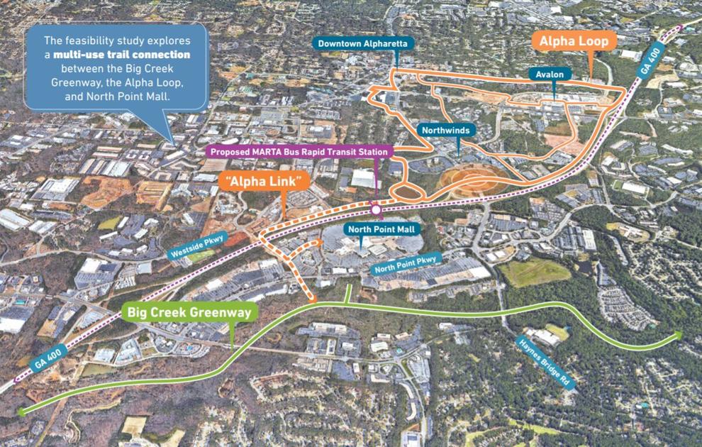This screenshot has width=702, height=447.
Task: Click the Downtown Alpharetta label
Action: [x=362, y=44]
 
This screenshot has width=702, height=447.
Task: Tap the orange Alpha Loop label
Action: [x=574, y=42]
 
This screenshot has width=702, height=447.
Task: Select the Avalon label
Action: [x=550, y=74]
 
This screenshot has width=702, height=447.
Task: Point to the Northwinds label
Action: [x=445, y=131]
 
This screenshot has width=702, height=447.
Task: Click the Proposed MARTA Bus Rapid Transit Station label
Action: [x=299, y=151]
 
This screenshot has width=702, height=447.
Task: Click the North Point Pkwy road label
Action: [x=408, y=265]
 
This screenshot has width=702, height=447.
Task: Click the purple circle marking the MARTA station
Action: [x=376, y=210]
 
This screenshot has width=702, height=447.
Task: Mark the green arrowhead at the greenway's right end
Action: [x=679, y=335]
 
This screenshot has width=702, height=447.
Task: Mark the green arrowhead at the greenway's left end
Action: [x=21, y=411]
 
